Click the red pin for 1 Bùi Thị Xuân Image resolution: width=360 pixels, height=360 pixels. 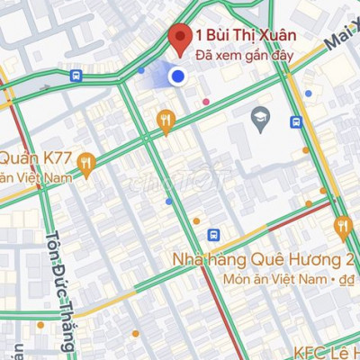[x=179, y=39]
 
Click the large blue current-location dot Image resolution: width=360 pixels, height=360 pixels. [x=178, y=77]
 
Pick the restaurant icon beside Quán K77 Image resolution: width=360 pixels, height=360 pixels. [x=86, y=163]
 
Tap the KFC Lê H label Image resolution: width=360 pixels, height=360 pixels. [x=326, y=351]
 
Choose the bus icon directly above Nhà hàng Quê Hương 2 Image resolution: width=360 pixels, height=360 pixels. [x=213, y=235]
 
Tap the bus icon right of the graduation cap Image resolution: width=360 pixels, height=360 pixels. [x=295, y=121]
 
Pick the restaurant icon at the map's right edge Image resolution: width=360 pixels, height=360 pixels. [x=342, y=226]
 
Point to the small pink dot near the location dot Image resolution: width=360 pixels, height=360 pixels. [x=207, y=101]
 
